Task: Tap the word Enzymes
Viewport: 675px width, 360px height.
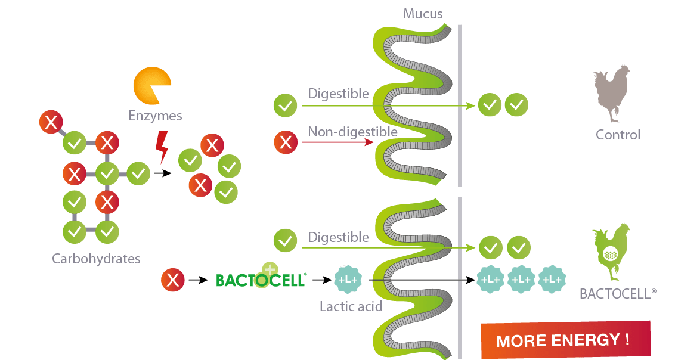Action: (x=156, y=116)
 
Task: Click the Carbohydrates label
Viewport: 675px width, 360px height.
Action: (x=96, y=259)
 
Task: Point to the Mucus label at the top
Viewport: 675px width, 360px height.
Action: (x=423, y=13)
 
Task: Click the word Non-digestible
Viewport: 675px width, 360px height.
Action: (x=353, y=131)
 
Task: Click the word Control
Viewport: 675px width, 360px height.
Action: (x=618, y=135)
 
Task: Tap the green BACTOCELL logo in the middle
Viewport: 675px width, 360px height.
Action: (x=261, y=279)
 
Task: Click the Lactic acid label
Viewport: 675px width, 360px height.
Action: (x=351, y=307)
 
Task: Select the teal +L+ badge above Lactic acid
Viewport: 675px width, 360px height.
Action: (x=347, y=279)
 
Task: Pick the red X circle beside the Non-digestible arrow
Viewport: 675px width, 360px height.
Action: (x=286, y=142)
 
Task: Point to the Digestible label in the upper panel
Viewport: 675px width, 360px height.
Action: (x=338, y=94)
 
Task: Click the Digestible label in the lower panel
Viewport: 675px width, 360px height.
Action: (x=338, y=237)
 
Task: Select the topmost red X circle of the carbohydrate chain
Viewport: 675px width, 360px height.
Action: (x=51, y=123)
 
